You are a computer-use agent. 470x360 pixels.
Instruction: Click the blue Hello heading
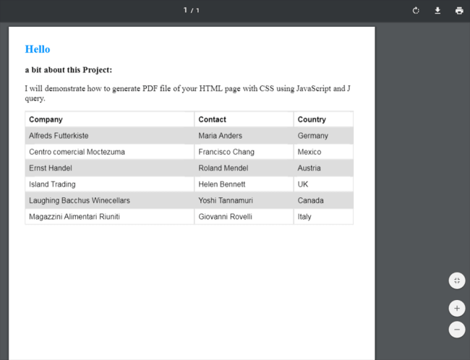(38, 49)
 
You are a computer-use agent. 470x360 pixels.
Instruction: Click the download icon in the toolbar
(437, 10)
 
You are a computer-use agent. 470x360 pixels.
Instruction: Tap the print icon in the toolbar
(459, 10)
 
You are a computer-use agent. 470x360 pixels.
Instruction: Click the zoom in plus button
(457, 309)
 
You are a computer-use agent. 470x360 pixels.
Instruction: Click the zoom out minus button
(457, 330)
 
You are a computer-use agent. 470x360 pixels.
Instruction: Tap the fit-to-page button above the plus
(457, 280)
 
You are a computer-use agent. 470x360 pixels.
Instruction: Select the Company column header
(46, 119)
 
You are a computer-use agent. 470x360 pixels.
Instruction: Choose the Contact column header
(212, 119)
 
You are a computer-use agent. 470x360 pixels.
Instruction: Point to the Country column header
(312, 119)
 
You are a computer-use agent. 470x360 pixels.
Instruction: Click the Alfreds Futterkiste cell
(59, 136)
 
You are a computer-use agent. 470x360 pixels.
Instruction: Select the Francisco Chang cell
(226, 152)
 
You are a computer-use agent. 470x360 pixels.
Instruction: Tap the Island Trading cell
(52, 184)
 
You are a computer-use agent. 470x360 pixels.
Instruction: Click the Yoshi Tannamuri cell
(228, 200)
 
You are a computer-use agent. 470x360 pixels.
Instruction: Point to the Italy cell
(304, 217)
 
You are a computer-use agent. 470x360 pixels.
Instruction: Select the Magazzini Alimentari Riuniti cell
(74, 217)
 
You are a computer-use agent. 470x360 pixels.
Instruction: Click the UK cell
(303, 184)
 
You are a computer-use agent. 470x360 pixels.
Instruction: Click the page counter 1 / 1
(191, 10)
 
